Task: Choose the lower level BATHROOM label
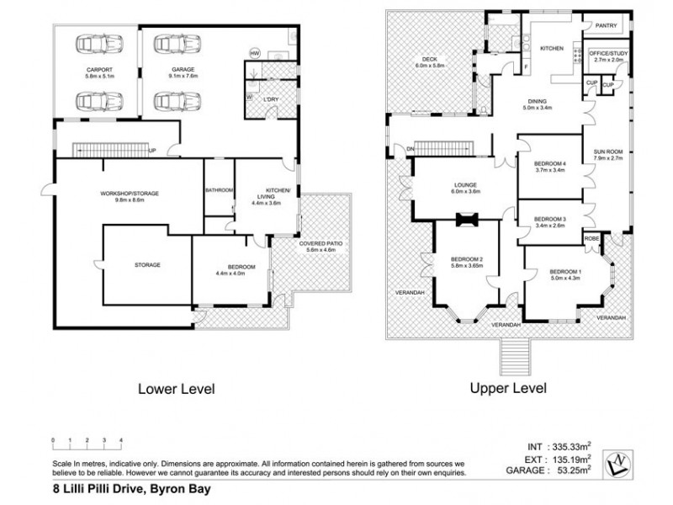(219, 190)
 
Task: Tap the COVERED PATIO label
(320, 246)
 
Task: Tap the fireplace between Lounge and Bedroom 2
(464, 221)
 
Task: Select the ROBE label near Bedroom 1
(593, 238)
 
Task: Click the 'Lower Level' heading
(177, 389)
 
